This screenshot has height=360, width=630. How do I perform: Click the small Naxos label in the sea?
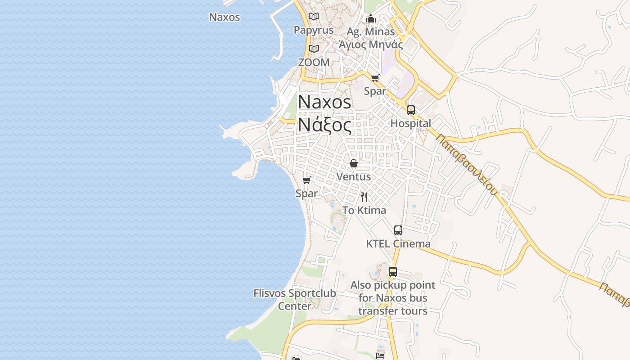[225, 18]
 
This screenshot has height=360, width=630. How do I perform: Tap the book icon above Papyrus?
[314, 17]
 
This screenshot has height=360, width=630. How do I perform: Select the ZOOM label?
[314, 63]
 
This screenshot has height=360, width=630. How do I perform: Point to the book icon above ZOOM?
[314, 49]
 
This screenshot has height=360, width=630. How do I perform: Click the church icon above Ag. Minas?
[371, 18]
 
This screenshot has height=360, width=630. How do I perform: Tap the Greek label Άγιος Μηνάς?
[371, 45]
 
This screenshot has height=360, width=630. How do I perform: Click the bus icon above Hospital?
[411, 110]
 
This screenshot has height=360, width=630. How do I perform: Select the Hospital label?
[411, 123]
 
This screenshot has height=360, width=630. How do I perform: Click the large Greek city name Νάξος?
[324, 126]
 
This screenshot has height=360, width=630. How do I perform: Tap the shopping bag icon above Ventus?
[354, 163]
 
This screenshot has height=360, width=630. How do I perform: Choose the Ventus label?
[354, 177]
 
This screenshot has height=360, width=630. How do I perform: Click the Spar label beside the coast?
[306, 193]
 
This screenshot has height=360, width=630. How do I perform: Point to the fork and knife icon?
[364, 197]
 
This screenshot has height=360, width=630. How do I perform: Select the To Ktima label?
[364, 210]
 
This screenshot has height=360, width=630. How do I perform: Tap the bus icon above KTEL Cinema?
[398, 230]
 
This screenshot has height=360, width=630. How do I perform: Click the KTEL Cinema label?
[398, 244]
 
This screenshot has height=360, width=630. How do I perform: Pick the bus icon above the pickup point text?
[393, 272]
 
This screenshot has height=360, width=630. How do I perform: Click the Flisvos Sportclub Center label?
[295, 300]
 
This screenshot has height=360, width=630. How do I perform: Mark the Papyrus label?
[314, 30]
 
